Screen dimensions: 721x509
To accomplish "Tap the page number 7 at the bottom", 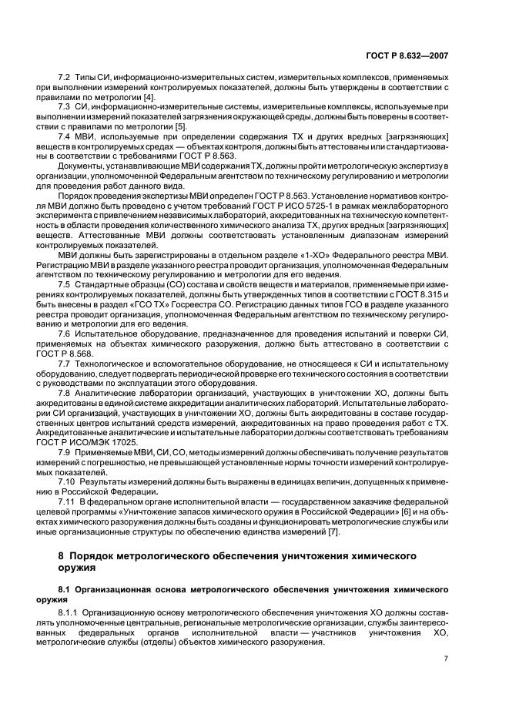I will [x=446, y=658].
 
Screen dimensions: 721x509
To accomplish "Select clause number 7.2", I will [x=65, y=79].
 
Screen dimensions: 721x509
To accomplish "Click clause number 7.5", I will [x=65, y=285].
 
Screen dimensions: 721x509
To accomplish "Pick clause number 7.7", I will [x=65, y=362].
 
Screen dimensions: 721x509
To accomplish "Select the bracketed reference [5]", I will [x=180, y=126].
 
